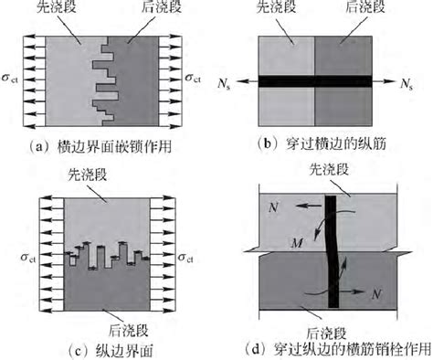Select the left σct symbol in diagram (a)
13,81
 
